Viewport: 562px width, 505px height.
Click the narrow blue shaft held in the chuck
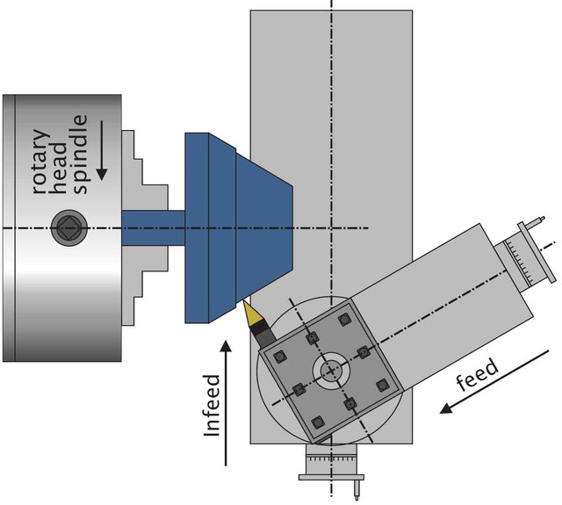tap(153, 227)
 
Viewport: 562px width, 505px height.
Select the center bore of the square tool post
tap(329, 371)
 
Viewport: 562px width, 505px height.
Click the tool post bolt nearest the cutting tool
tap(281, 356)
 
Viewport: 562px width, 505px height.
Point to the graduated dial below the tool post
tap(329, 460)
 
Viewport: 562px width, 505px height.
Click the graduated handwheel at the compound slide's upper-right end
tap(525, 254)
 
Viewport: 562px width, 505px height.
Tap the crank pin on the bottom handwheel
tap(359, 488)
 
